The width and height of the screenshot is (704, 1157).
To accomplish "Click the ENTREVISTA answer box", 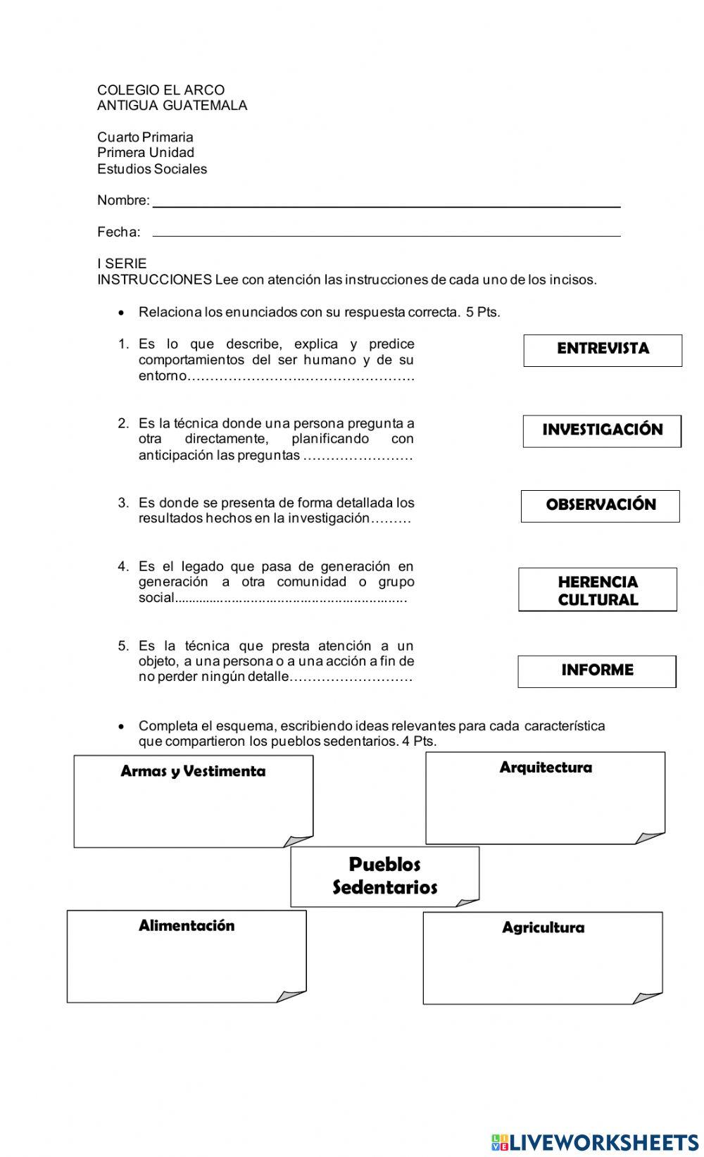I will (x=603, y=350).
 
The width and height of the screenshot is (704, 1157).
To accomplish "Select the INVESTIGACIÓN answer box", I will (x=602, y=431).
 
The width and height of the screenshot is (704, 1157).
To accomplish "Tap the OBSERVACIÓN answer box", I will (x=601, y=506).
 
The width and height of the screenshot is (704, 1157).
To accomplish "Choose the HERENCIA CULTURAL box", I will (x=598, y=589).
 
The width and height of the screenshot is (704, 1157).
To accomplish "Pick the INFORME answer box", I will (x=597, y=671).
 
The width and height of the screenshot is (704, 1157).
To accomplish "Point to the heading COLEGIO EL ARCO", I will (x=161, y=90).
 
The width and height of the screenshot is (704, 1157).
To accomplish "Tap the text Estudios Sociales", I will (x=152, y=169).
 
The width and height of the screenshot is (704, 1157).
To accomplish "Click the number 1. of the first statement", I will (x=124, y=344).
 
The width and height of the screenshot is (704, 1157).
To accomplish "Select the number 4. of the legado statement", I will (x=124, y=567).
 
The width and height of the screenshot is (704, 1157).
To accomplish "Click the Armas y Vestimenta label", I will (x=193, y=771).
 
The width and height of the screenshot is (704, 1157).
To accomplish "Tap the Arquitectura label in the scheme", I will (x=546, y=768).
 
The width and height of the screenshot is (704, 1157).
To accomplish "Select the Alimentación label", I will (x=187, y=925).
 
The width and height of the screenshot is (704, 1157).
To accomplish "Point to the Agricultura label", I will (x=543, y=927).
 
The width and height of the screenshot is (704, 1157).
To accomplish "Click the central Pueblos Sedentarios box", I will (x=385, y=876).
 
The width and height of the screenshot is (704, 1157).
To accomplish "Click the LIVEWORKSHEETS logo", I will (x=594, y=1142).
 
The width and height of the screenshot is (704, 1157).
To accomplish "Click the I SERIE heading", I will (x=122, y=264).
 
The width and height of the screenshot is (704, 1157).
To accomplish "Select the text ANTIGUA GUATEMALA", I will (x=172, y=106).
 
